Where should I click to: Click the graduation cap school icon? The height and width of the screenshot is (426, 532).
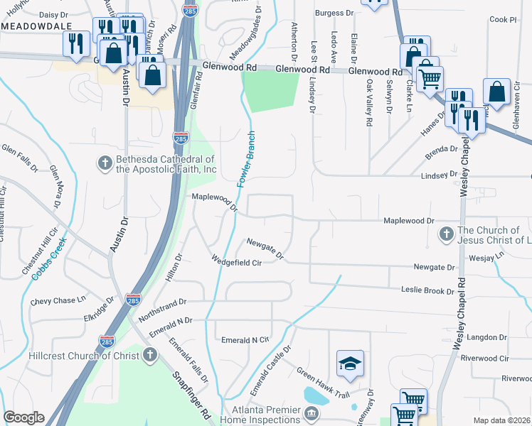tap(350, 364)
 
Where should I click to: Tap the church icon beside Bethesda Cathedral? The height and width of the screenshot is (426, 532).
tap(104, 163)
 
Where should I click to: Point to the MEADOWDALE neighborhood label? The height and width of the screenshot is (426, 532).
tap(31, 26)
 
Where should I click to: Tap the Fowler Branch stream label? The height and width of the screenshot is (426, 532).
tap(246, 159)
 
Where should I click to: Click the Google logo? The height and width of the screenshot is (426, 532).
tap(23, 417)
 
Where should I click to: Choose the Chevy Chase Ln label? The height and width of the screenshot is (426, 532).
tap(63, 301)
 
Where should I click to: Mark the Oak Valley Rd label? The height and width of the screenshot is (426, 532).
tap(369, 104)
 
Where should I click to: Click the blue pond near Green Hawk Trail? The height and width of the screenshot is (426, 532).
tap(316, 395)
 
